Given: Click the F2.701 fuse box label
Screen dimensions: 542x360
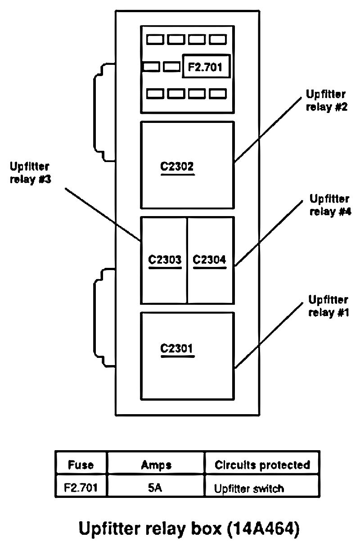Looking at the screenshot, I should click(x=206, y=67).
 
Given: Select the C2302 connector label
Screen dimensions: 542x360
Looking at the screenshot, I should click(x=177, y=167).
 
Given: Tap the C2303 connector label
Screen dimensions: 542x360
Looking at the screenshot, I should click(x=165, y=260).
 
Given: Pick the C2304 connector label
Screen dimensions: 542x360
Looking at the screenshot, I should click(x=209, y=260).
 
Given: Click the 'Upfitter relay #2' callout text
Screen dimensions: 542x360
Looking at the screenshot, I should click(x=326, y=101).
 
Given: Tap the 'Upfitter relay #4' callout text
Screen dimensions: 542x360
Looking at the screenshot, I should click(x=330, y=205).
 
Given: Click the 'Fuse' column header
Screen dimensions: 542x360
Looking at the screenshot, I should click(x=81, y=465).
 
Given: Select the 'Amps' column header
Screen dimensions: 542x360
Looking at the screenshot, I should click(x=156, y=465).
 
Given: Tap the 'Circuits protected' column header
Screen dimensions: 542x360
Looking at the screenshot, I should click(x=262, y=465).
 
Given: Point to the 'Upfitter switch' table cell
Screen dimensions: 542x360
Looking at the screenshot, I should click(x=249, y=488).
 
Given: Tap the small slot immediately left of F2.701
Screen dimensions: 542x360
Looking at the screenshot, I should click(x=171, y=67).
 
